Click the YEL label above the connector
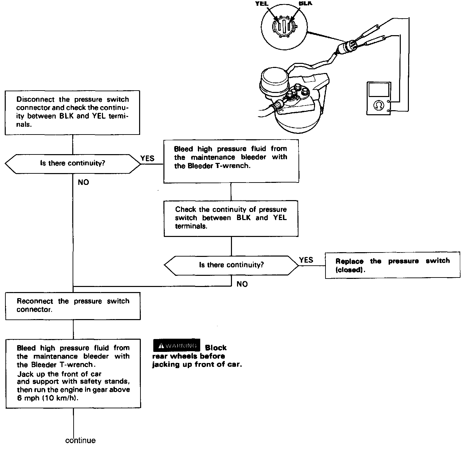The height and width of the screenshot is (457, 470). [x=262, y=4]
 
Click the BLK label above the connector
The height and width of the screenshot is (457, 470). [x=306, y=3]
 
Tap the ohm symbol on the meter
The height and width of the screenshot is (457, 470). [x=378, y=106]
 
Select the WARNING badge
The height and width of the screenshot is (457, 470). [x=177, y=345]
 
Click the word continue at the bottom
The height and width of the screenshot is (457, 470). [x=80, y=440]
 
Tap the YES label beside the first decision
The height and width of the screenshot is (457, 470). [x=147, y=158]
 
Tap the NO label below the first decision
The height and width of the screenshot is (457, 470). [x=83, y=183]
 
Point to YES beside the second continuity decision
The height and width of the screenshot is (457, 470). [x=306, y=260]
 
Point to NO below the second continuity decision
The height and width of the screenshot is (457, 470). [x=242, y=284]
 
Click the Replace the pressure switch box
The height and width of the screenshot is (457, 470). [x=392, y=265]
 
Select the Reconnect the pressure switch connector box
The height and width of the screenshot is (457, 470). [x=73, y=306]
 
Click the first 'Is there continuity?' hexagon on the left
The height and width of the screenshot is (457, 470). [x=73, y=163]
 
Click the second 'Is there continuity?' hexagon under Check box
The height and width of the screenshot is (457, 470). [x=231, y=265]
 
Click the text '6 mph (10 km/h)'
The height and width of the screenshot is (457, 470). [x=48, y=398]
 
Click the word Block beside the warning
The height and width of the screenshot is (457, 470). [x=216, y=348]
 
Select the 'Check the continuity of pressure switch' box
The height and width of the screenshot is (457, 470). [x=231, y=218]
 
